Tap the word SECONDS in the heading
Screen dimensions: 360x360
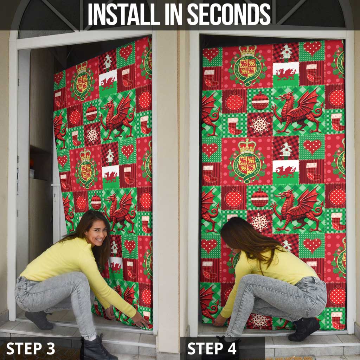pyautogui.click(x=229, y=15)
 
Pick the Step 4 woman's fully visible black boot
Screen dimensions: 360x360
pyautogui.click(x=304, y=329)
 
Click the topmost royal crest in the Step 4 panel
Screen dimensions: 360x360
pyautogui.click(x=248, y=67)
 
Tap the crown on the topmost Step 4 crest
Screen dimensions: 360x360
pyautogui.click(x=248, y=51)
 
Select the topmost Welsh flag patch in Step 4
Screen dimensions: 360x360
pyautogui.click(x=285, y=72)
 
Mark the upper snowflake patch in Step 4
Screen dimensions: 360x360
pyautogui.click(x=260, y=124)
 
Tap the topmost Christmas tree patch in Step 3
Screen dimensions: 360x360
pyautogui.click(x=107, y=62)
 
